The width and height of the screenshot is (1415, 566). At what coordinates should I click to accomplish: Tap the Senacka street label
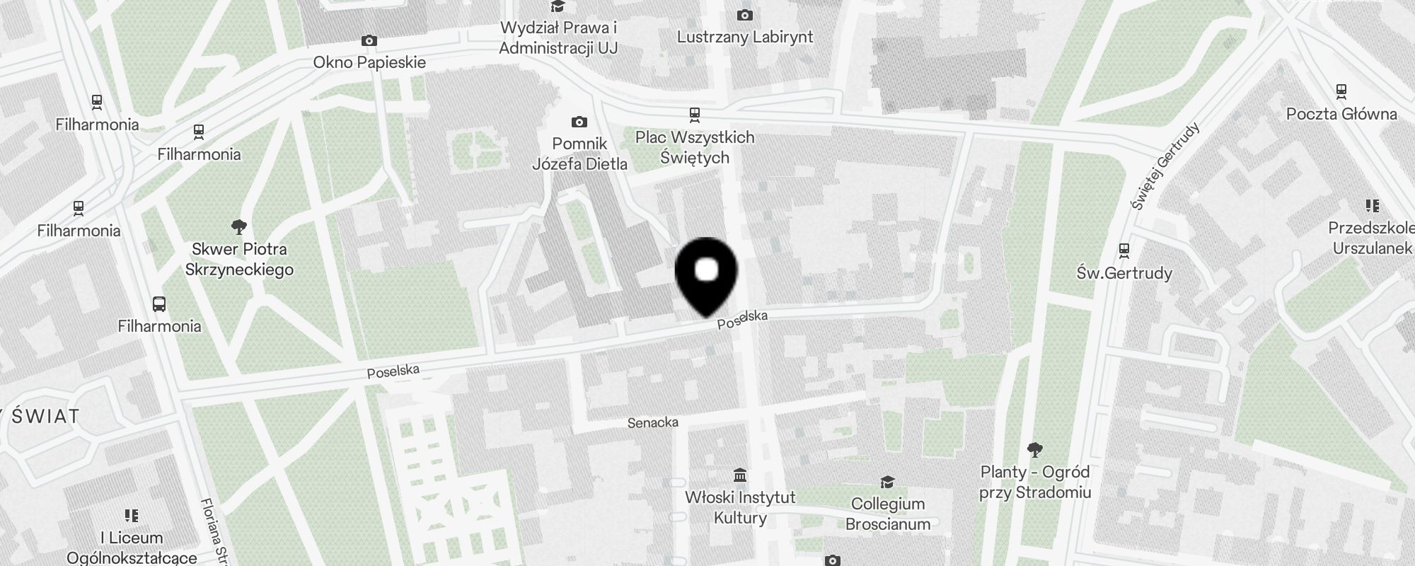point(652,422)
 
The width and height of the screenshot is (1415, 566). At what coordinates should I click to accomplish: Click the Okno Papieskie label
point(369,62)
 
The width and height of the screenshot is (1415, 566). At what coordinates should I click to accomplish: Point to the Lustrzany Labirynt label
point(745,37)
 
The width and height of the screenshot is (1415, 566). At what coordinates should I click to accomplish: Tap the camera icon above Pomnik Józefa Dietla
point(579,122)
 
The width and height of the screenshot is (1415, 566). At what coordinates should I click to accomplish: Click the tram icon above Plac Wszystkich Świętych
point(695,115)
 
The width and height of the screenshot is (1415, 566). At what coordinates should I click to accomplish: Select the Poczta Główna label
point(1341,114)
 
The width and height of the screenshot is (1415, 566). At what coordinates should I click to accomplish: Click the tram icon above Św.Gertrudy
point(1124,250)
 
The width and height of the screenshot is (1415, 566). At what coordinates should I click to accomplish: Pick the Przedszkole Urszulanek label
point(1371,238)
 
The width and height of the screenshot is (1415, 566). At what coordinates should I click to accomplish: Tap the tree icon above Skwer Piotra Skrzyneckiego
point(239,227)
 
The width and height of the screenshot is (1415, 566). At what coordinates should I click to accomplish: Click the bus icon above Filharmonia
point(159,304)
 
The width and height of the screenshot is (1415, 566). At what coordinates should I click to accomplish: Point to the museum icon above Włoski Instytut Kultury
point(740,475)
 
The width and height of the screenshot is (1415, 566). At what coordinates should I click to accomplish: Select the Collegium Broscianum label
point(888,514)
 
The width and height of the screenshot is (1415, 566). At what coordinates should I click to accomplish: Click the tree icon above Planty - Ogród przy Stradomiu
point(1034,449)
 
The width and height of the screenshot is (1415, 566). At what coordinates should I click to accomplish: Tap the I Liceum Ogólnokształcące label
point(132,548)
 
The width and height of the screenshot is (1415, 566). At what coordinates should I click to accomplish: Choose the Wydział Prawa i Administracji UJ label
point(558,38)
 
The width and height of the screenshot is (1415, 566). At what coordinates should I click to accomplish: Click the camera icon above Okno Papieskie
point(369,41)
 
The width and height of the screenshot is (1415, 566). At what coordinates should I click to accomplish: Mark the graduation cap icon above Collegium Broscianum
point(887,483)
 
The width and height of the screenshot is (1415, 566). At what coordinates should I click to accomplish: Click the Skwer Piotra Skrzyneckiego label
point(239,260)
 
